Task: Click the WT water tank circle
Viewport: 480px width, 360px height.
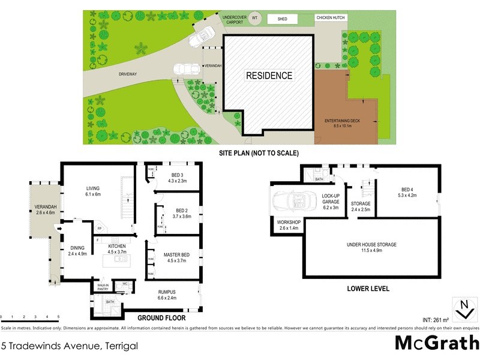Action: tap(254, 18)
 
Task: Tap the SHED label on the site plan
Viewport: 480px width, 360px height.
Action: tap(283, 19)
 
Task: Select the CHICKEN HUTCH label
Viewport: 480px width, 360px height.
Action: tap(331, 19)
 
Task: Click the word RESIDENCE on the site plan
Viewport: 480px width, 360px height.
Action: tap(268, 76)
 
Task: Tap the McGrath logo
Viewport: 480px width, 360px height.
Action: tap(436, 343)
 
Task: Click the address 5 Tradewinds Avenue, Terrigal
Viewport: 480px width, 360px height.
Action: tap(70, 346)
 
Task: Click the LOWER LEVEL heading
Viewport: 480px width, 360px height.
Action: tap(368, 289)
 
